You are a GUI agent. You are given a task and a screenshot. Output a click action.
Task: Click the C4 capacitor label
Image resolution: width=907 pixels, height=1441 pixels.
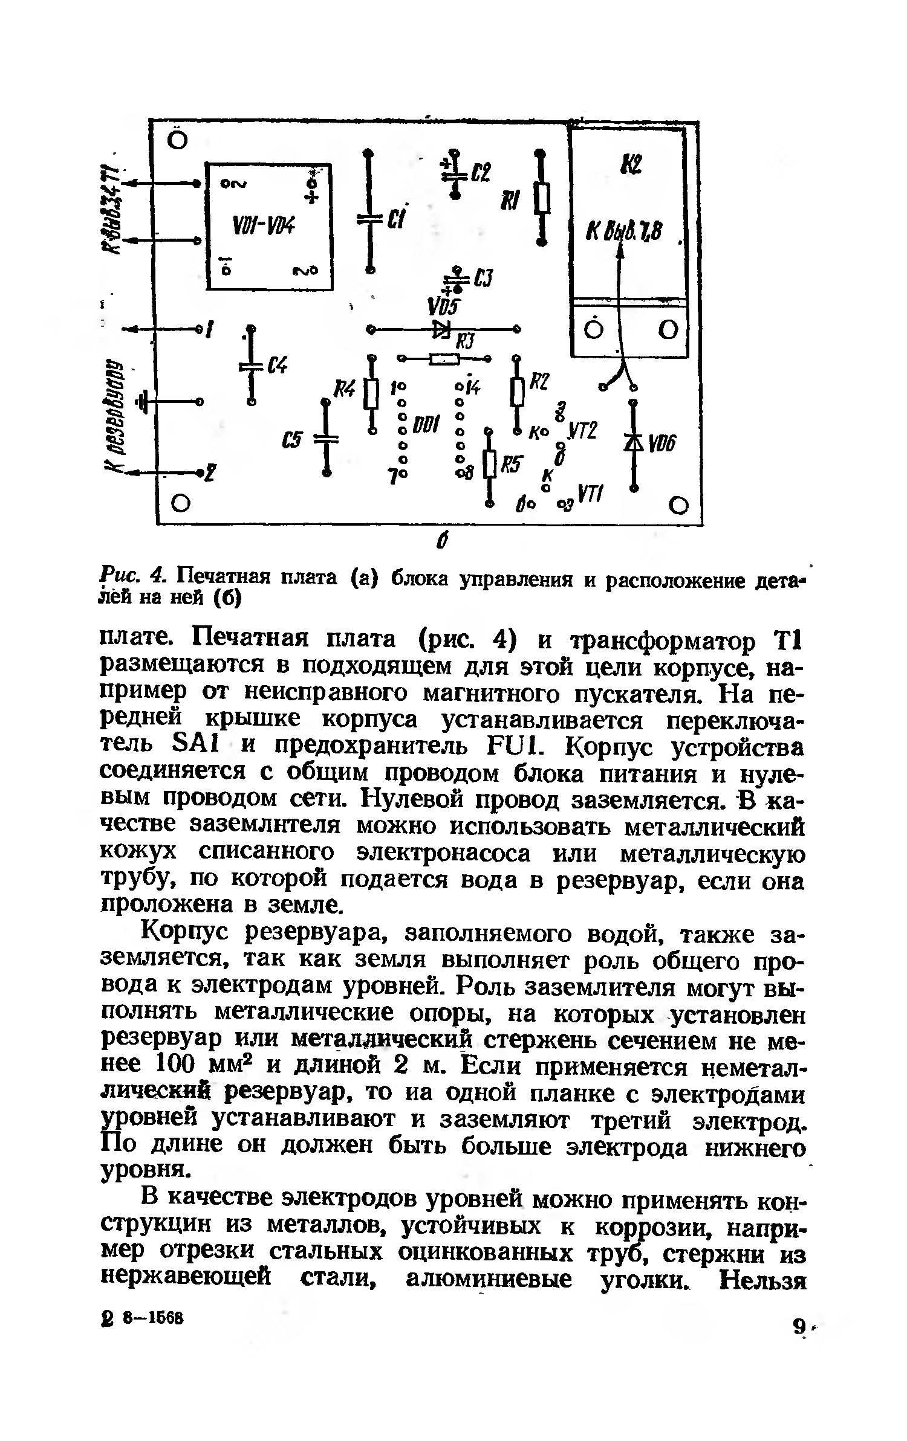click(x=278, y=366)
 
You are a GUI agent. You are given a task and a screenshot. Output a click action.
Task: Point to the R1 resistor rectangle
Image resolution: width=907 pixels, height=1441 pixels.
click(x=544, y=199)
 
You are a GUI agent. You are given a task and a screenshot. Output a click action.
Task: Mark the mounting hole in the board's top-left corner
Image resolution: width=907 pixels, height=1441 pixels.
click(x=177, y=140)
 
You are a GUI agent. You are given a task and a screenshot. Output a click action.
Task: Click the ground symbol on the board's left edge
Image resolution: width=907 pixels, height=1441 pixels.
click(x=143, y=401)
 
